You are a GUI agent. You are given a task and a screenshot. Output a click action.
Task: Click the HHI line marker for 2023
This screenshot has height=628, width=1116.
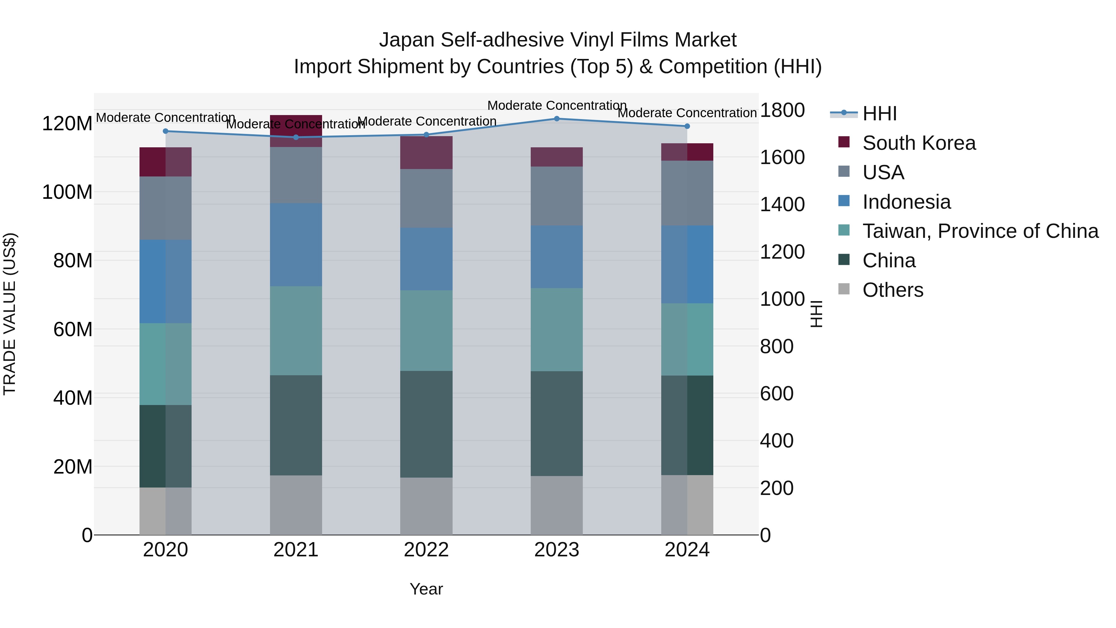(x=557, y=119)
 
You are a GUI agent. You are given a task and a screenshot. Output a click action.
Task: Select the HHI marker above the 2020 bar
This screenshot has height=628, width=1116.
(x=166, y=131)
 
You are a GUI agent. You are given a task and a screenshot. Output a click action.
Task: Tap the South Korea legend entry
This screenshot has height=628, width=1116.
(x=919, y=143)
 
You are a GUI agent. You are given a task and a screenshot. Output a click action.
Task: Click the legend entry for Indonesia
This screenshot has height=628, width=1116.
(x=906, y=202)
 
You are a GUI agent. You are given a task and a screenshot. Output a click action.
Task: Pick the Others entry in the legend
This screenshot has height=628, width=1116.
(x=892, y=290)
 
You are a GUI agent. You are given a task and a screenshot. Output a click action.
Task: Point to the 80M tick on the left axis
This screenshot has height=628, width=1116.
(x=73, y=261)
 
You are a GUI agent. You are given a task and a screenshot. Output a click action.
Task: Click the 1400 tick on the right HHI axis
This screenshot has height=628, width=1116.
(x=782, y=205)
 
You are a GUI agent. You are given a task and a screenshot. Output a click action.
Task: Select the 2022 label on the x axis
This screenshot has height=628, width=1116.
(x=426, y=550)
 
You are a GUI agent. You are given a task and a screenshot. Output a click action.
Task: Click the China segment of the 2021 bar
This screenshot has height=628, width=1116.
(x=296, y=425)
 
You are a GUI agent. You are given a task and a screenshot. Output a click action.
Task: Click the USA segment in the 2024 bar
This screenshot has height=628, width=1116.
(x=687, y=193)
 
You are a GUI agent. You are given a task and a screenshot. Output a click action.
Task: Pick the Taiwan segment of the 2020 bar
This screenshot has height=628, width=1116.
(x=166, y=364)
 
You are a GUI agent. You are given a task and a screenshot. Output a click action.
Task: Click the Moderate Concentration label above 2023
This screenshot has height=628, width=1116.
(x=557, y=105)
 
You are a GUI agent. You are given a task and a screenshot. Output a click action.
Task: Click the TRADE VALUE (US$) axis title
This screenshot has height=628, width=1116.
(x=10, y=314)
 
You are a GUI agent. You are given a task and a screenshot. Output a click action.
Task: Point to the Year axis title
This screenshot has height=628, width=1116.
(x=426, y=589)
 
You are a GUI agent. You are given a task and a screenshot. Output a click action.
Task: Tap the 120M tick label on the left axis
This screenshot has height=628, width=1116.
(x=67, y=124)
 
